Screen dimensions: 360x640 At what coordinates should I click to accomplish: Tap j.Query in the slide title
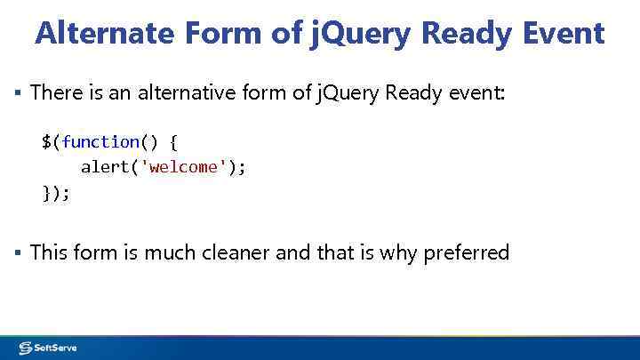click(360, 33)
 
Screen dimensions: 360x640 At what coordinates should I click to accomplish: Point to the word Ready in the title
click(465, 33)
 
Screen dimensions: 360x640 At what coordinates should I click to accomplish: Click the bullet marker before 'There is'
click(17, 92)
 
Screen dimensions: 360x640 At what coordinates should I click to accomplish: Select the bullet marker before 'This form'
click(17, 253)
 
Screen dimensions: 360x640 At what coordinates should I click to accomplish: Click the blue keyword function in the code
click(100, 142)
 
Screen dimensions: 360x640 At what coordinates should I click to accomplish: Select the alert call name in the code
click(105, 167)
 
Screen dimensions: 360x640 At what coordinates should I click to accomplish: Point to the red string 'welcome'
click(184, 167)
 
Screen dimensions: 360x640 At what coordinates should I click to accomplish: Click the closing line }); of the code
click(55, 192)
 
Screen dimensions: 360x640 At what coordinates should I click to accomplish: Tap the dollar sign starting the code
click(45, 142)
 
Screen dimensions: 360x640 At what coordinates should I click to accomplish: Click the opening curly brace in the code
click(173, 142)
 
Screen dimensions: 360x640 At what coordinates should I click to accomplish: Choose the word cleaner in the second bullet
click(236, 253)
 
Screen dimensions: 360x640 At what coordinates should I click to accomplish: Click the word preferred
click(466, 253)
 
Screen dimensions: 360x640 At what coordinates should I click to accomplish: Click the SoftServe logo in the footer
click(48, 348)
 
